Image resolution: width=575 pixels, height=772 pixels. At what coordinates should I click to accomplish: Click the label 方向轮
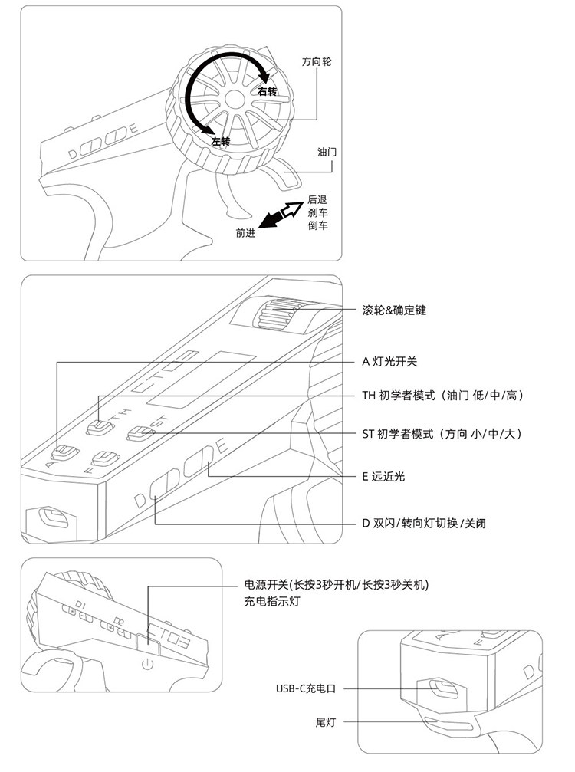click(x=316, y=61)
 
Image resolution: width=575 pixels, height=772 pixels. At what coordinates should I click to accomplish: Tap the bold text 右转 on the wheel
click(x=267, y=92)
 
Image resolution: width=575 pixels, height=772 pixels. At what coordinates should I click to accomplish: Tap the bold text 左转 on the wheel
click(x=221, y=141)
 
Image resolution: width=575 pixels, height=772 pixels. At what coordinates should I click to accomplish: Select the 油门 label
click(x=327, y=153)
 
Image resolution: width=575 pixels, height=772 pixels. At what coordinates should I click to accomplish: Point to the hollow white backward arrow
click(x=292, y=206)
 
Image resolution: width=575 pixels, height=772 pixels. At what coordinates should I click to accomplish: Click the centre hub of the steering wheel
click(x=233, y=98)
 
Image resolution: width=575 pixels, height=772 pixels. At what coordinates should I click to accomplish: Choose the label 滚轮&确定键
click(x=393, y=310)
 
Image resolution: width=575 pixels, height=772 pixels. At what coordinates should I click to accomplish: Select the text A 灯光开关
click(x=389, y=360)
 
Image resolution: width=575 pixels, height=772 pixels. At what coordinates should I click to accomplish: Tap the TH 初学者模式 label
click(x=443, y=395)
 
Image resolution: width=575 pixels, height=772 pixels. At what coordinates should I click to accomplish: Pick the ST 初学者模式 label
click(x=441, y=434)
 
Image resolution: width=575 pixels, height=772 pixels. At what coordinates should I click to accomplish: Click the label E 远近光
click(x=383, y=476)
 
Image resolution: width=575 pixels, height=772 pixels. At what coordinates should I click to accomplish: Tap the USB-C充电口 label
click(x=306, y=688)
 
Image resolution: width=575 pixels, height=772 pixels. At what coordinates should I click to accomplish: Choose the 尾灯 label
click(x=326, y=722)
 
